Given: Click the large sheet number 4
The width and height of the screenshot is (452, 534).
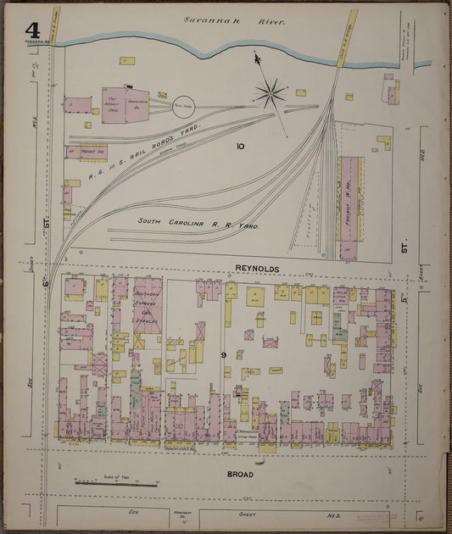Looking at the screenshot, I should click(x=31, y=29).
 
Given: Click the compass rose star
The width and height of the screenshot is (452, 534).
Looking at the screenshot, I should click(x=271, y=92).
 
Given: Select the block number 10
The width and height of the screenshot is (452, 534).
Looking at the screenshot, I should click(x=240, y=147).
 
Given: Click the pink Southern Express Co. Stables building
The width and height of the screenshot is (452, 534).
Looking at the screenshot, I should click(x=147, y=305).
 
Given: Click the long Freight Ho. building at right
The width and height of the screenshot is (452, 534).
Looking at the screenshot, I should click(x=349, y=208).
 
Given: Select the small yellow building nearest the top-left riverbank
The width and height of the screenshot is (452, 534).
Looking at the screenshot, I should click(x=126, y=61).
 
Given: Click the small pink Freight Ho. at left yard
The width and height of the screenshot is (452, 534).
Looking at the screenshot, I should click(x=92, y=153).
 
